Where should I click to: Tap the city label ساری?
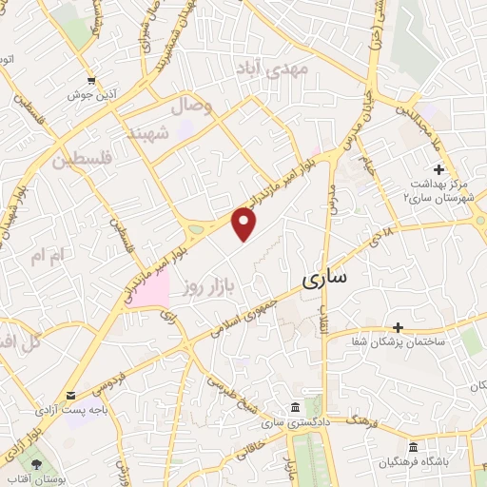pos(324,280)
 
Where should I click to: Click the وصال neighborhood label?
pos(190,106)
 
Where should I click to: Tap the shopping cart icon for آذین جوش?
pos(91,81)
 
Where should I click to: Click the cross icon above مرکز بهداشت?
pos(439,169)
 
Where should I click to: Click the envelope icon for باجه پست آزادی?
pos(70,396)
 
